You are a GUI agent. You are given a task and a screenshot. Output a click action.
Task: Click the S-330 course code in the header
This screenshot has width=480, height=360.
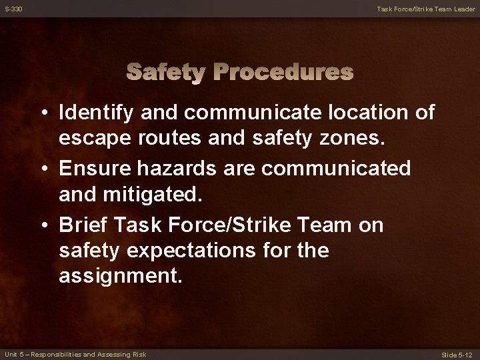pyautogui.click(x=13, y=8)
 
